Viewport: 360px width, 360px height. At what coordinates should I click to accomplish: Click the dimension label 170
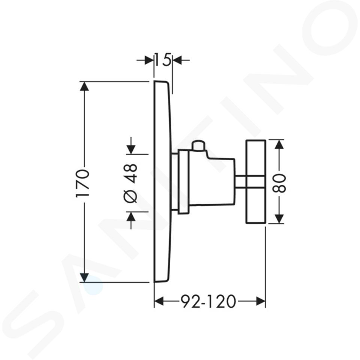click(82, 183)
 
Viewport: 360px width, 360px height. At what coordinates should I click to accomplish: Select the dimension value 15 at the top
click(163, 60)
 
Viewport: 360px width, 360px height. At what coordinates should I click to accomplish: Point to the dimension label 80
click(279, 183)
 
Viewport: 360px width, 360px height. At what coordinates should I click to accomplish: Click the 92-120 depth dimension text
click(208, 301)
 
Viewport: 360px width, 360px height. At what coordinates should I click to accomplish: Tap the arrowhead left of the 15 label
click(149, 60)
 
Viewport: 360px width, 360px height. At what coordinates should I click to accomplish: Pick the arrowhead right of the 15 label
click(177, 60)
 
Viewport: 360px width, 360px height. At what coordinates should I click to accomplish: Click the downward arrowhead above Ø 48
click(131, 150)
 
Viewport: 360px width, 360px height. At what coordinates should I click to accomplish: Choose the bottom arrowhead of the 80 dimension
click(279, 219)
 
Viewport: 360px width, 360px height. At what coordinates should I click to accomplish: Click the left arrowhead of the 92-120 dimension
click(159, 301)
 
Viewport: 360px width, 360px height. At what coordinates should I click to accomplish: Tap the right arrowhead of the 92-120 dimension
click(261, 301)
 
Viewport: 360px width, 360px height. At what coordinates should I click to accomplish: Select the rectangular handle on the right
click(256, 181)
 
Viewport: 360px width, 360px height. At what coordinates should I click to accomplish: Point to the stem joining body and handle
click(240, 182)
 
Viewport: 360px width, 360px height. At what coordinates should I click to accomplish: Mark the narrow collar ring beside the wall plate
click(183, 181)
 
